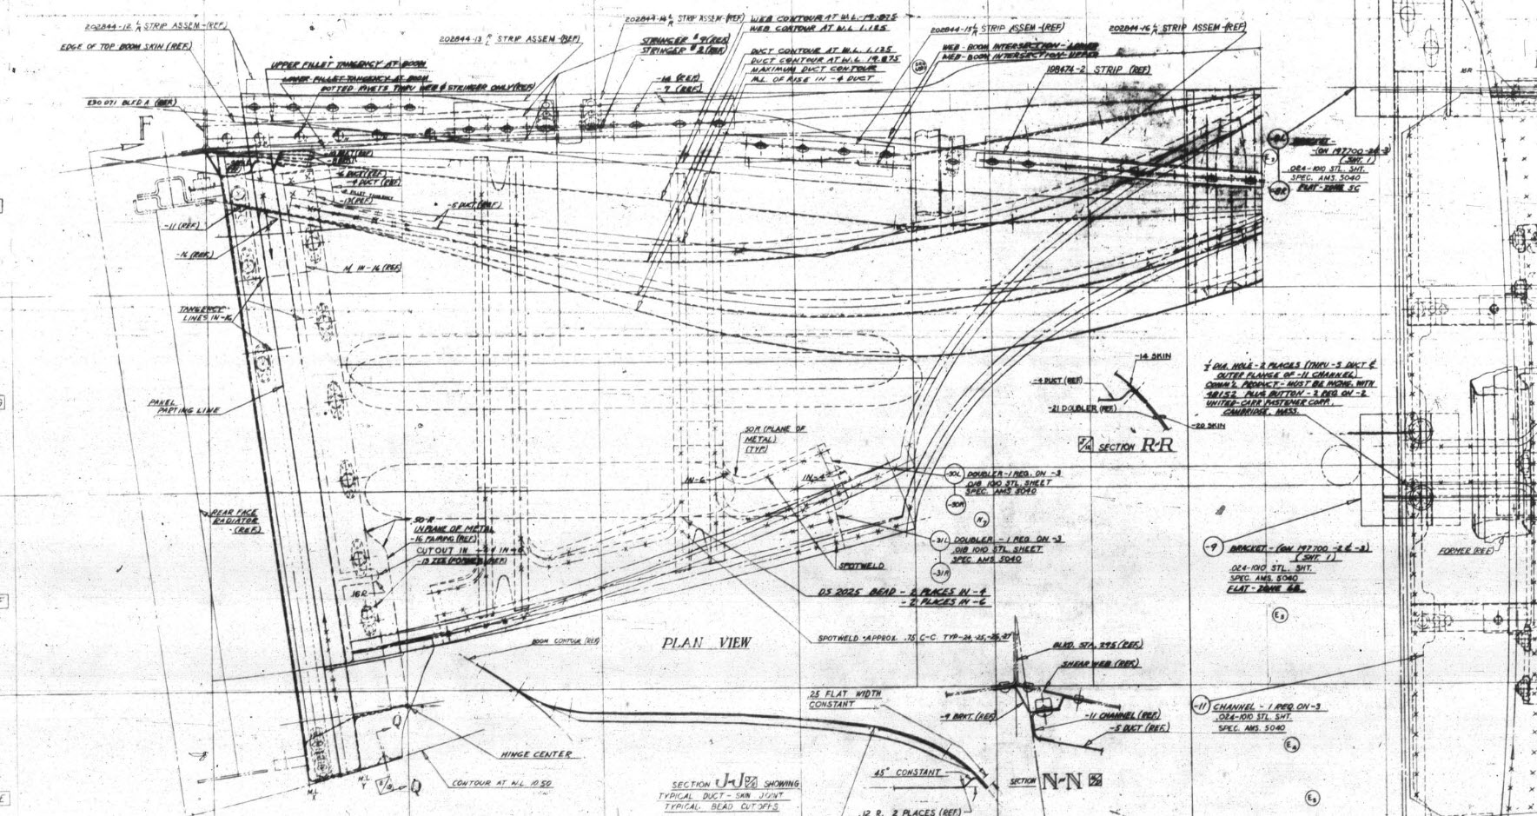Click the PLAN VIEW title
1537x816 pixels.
(x=706, y=642)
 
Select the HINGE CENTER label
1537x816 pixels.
(x=536, y=754)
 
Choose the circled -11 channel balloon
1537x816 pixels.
(x=1202, y=707)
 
